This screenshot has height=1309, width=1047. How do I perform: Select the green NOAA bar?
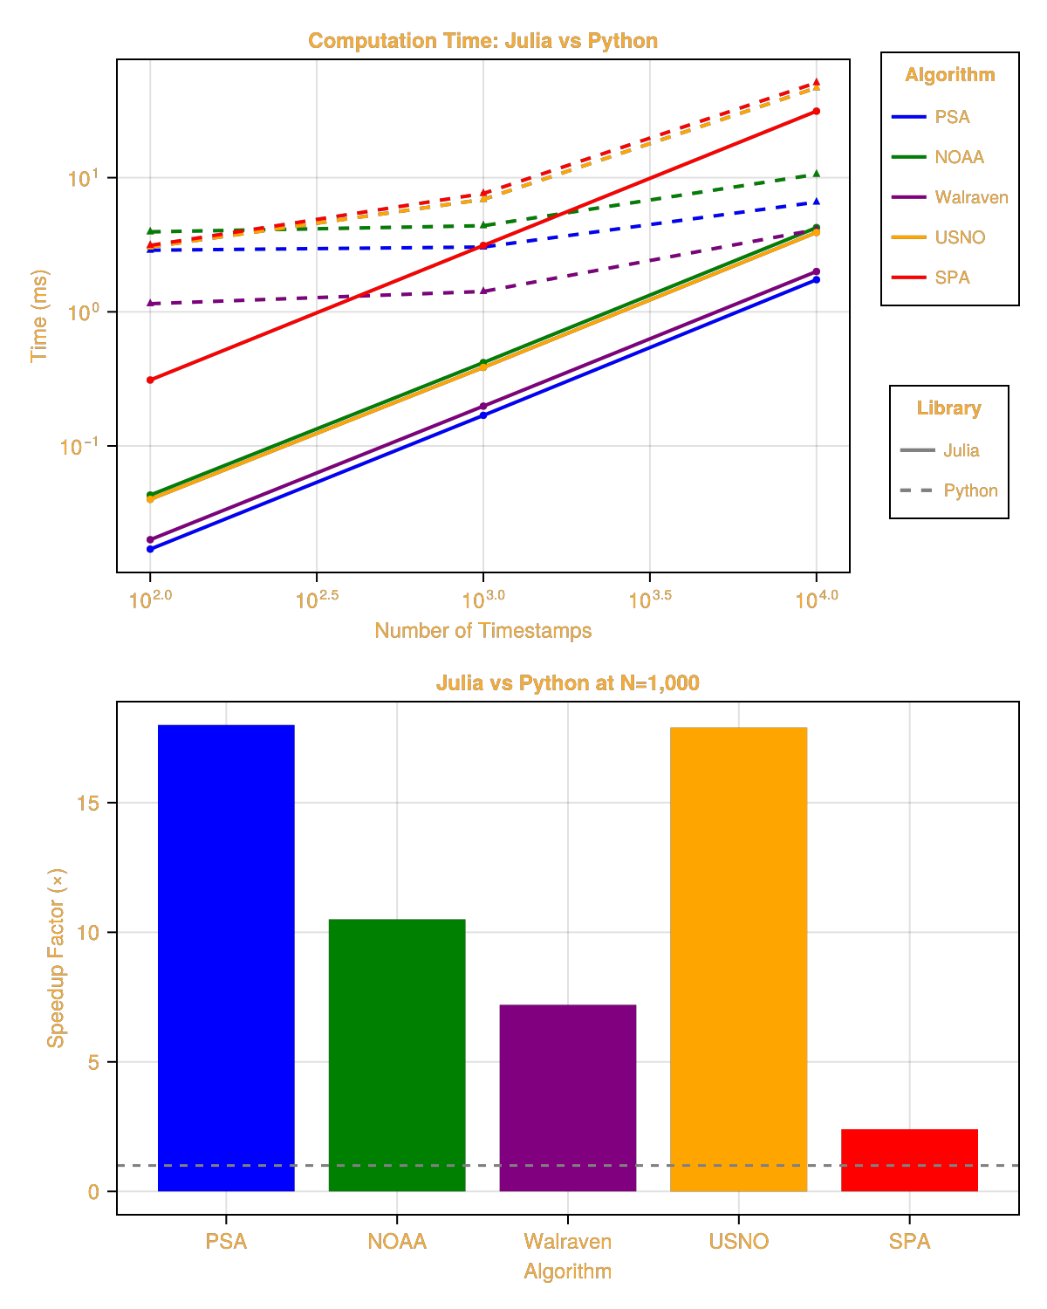coord(397,1055)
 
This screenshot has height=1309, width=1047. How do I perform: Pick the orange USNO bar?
coord(739,959)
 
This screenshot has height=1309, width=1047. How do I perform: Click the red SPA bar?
coord(909,1160)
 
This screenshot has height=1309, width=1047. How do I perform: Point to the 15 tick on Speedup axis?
coord(87,803)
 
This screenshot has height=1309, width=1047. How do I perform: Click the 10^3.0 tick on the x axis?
coord(483,600)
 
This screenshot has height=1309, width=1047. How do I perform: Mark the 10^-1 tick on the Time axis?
coord(79,447)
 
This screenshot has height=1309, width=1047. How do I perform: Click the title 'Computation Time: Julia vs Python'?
coord(482,41)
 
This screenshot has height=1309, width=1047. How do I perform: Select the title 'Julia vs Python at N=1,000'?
coord(567,682)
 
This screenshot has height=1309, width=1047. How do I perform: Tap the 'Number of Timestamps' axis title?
coord(482,630)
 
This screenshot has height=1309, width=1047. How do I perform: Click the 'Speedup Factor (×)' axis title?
coord(56,957)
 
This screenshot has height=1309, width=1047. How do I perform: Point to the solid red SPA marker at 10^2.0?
coord(150,380)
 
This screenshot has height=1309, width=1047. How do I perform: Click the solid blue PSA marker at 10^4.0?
coord(817,279)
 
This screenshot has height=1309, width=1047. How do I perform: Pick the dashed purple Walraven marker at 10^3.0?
coord(483,291)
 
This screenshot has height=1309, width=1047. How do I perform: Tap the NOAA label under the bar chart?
coord(397,1241)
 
